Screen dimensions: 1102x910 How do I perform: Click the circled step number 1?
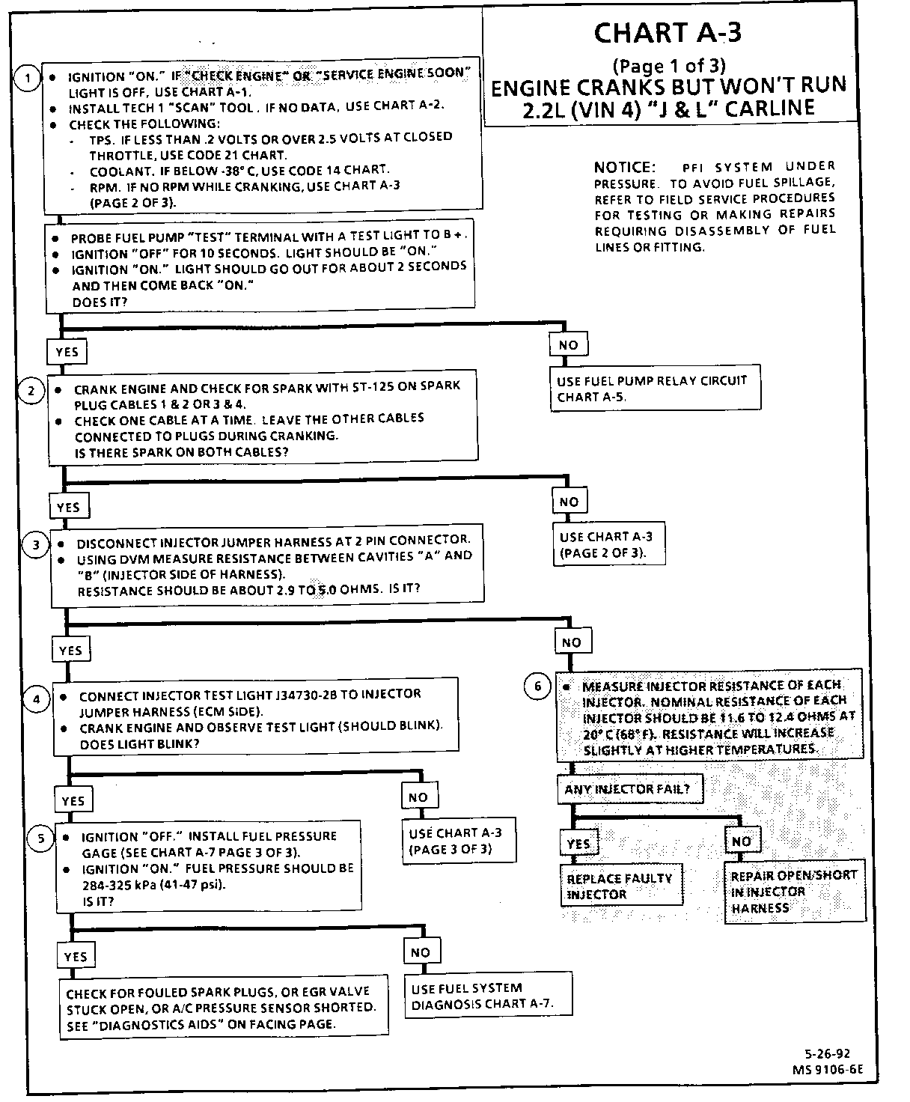tap(28, 79)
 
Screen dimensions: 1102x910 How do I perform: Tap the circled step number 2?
tap(31, 391)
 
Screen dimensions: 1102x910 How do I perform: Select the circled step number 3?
tap(36, 545)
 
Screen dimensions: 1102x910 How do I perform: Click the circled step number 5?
tap(41, 838)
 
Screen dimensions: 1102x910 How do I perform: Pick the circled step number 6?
tap(537, 687)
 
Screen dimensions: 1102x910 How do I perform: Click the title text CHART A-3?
tap(668, 34)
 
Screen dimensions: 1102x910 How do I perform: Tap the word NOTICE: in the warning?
tap(624, 167)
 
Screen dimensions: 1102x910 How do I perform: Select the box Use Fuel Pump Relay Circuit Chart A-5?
tap(653, 389)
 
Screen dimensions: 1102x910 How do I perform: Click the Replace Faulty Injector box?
tap(621, 886)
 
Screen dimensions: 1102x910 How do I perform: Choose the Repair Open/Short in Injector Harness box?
tap(795, 892)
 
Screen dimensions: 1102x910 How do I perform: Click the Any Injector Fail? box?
tap(632, 789)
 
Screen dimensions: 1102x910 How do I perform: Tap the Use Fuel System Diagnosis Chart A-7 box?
tap(488, 996)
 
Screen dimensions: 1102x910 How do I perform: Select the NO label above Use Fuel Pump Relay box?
tap(569, 345)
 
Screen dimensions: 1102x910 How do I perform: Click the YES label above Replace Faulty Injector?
tap(578, 843)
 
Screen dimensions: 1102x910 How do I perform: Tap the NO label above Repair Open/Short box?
tap(742, 841)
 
